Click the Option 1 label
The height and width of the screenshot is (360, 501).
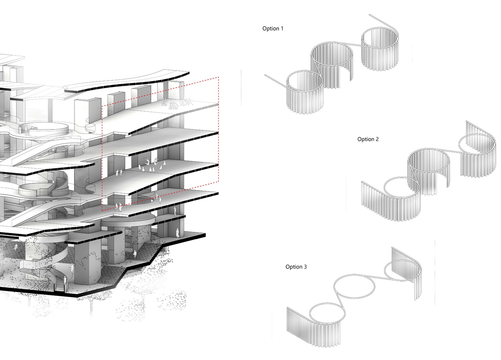[x=273, y=29]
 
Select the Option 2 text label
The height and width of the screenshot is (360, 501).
[x=368, y=139]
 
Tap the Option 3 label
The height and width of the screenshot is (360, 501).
[x=296, y=267]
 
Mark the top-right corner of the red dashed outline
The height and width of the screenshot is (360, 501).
[x=218, y=77]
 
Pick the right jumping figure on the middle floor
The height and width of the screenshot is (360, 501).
[x=156, y=161]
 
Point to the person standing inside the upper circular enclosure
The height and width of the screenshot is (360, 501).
[x=26, y=130]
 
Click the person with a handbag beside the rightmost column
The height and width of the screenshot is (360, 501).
[x=178, y=233]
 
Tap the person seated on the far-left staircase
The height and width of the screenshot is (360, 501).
[x=15, y=247]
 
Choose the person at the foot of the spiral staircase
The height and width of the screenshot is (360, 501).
[x=65, y=281]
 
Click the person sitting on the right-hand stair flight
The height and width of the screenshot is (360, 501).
[x=135, y=253]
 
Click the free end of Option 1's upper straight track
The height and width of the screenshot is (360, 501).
[x=370, y=15]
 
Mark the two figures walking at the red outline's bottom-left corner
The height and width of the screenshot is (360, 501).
[x=118, y=207]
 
